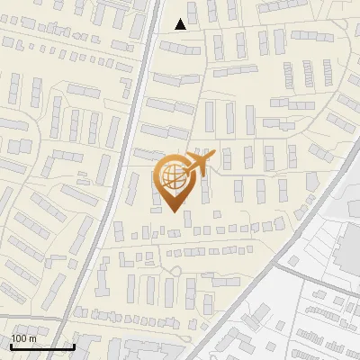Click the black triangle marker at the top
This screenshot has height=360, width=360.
pos(181,24)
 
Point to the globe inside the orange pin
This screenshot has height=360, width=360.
pos(170,175)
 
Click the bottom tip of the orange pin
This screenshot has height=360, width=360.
pos(171,211)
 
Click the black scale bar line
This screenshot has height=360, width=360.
pos(41,346)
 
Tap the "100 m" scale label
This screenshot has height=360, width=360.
pos(23,338)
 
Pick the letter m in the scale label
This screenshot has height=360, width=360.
pos(32,338)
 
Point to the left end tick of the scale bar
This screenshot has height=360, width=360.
pos(11,346)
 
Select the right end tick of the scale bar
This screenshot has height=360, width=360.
pos(73,346)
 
